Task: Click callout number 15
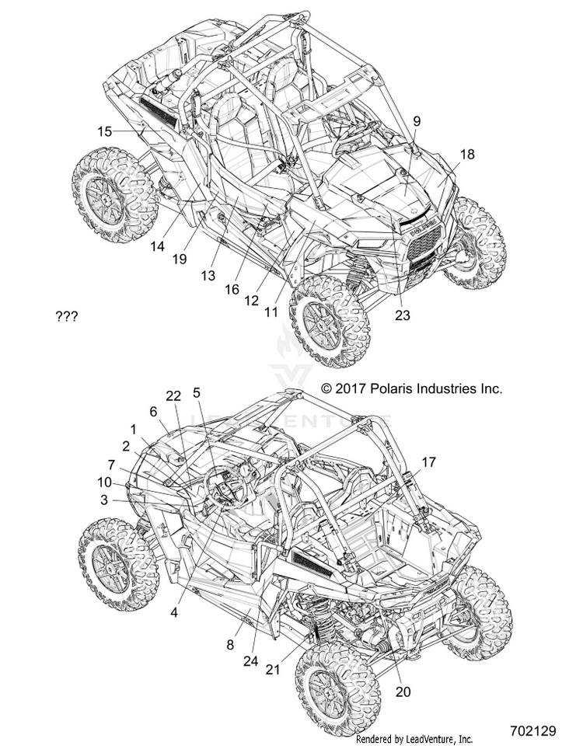point(105,131)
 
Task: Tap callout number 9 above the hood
point(417,121)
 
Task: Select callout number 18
point(467,155)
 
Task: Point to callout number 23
point(403,315)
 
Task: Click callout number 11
point(271,312)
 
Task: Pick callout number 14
point(157,246)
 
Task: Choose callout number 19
point(180,259)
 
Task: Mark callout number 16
point(232,290)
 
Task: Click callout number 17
point(428,462)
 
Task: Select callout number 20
point(403,692)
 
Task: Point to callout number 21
point(272,670)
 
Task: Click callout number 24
point(250,661)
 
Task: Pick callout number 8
point(230,645)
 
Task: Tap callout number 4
point(174,612)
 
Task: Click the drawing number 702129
point(532,731)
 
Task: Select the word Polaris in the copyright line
point(390,388)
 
